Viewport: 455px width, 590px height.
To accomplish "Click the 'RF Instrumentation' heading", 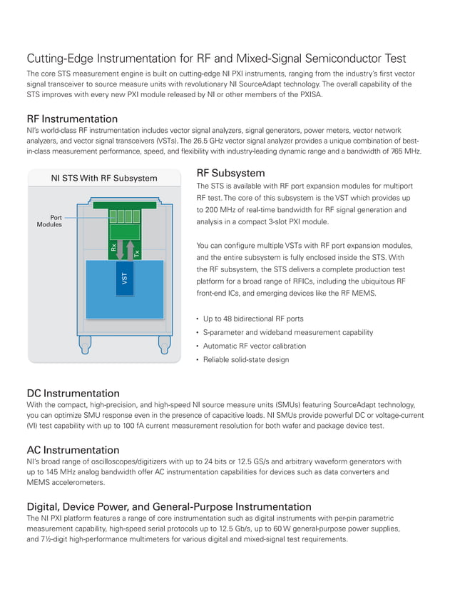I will [72, 119].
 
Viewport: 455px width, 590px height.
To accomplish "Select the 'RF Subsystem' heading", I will [230, 174].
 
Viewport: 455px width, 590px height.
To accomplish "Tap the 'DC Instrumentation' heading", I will [73, 394].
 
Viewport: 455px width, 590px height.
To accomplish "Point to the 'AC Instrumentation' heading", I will [73, 450].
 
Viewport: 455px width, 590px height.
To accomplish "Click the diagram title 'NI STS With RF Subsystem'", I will [104, 178].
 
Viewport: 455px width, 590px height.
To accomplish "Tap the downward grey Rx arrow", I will [121, 249].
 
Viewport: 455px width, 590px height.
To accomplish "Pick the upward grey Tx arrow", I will [130, 249].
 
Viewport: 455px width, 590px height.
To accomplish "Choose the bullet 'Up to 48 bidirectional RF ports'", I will [253, 319].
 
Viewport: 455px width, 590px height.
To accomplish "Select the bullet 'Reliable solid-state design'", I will [245, 359].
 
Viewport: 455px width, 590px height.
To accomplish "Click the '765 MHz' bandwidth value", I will [406, 151].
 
